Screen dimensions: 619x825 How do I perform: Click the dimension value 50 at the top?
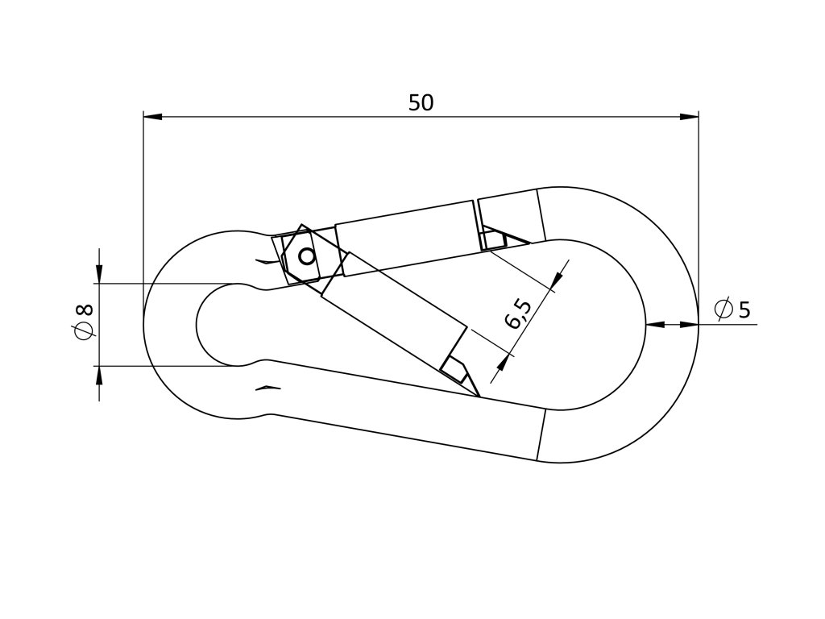pos(421,103)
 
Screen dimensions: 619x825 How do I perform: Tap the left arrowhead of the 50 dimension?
pos(152,117)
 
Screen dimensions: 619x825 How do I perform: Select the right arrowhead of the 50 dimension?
pos(690,117)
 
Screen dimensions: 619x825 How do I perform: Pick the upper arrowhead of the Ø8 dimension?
pos(99,275)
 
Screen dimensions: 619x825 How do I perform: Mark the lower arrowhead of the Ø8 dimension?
pos(99,375)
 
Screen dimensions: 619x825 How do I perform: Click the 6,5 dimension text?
pos(520,314)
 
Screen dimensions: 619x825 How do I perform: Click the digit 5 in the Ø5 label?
pos(744,309)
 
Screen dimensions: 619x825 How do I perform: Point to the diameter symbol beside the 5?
pos(723,309)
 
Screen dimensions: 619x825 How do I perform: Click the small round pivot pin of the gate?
pos(306,257)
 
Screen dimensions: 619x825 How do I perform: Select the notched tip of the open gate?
pos(456,368)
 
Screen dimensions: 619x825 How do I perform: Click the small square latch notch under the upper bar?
pos(492,239)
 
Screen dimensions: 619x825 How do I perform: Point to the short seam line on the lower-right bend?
pos(541,435)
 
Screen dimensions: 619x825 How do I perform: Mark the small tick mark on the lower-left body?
pos(267,389)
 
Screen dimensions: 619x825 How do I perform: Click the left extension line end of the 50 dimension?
pos(143,114)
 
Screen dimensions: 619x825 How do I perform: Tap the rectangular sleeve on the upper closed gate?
pos(405,238)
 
